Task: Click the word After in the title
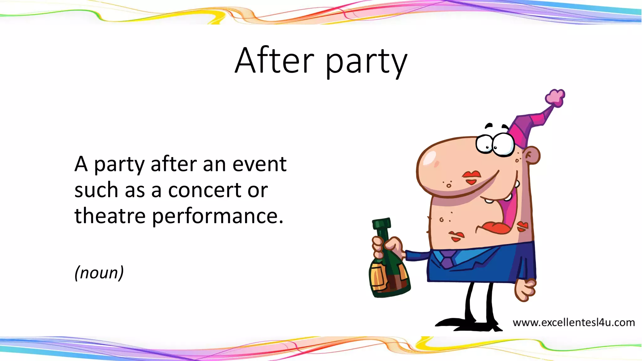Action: [274, 60]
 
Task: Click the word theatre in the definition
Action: [110, 216]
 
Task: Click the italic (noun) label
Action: [99, 272]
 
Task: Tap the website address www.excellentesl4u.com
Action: [573, 322]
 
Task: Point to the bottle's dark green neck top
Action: [382, 223]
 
